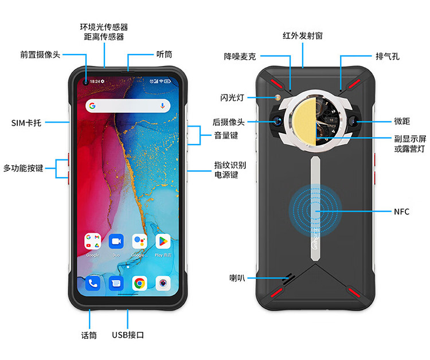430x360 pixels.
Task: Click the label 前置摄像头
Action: (40, 55)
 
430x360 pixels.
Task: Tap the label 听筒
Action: (164, 55)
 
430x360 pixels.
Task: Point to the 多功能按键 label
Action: (23, 168)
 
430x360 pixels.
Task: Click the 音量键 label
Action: (226, 135)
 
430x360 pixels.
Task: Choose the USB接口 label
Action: (128, 335)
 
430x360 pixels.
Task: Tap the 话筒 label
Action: (89, 335)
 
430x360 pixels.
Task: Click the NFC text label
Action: (401, 212)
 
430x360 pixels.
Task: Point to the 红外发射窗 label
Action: (303, 36)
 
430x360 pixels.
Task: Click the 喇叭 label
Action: (237, 278)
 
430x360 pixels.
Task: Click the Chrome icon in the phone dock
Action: (139, 283)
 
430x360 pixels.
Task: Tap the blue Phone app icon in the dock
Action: (92, 283)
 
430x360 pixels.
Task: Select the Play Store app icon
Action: (163, 241)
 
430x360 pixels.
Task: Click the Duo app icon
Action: (116, 241)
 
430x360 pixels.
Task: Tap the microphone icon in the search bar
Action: (163, 105)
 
